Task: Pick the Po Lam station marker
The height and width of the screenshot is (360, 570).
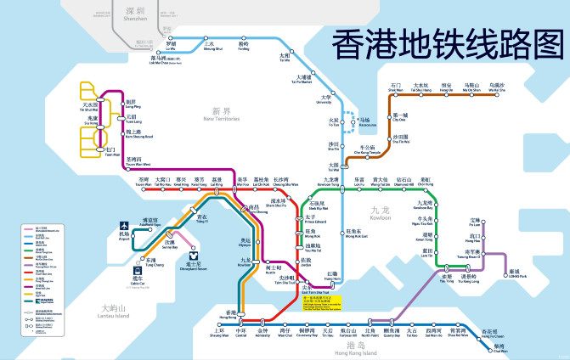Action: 476,227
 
